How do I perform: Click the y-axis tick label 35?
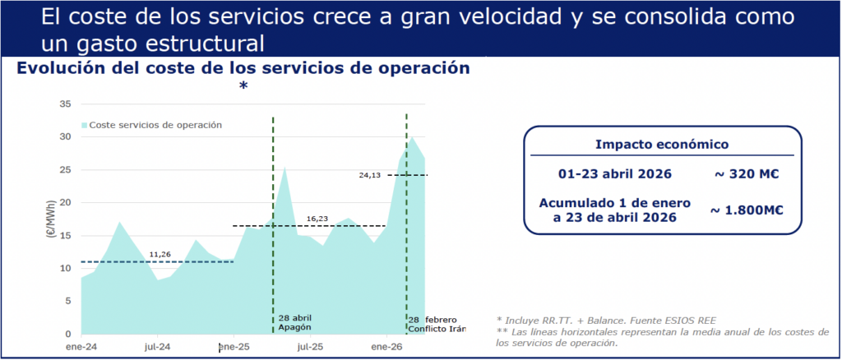pyautogui.click(x=66, y=104)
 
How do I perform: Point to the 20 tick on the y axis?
pyautogui.click(x=66, y=203)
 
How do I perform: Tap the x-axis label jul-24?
pyautogui.click(x=157, y=347)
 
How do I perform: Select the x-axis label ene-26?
pyautogui.click(x=386, y=347)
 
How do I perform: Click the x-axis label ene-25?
pyautogui.click(x=234, y=347)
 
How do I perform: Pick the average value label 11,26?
pyautogui.click(x=160, y=254)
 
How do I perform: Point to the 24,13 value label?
pyautogui.click(x=369, y=175)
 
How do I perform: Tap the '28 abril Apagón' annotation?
pyautogui.click(x=295, y=322)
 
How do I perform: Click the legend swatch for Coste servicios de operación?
pyautogui.click(x=85, y=125)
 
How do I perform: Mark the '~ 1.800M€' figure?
pyautogui.click(x=747, y=210)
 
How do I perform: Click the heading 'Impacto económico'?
pyautogui.click(x=662, y=145)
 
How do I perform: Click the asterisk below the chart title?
pyautogui.click(x=243, y=85)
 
